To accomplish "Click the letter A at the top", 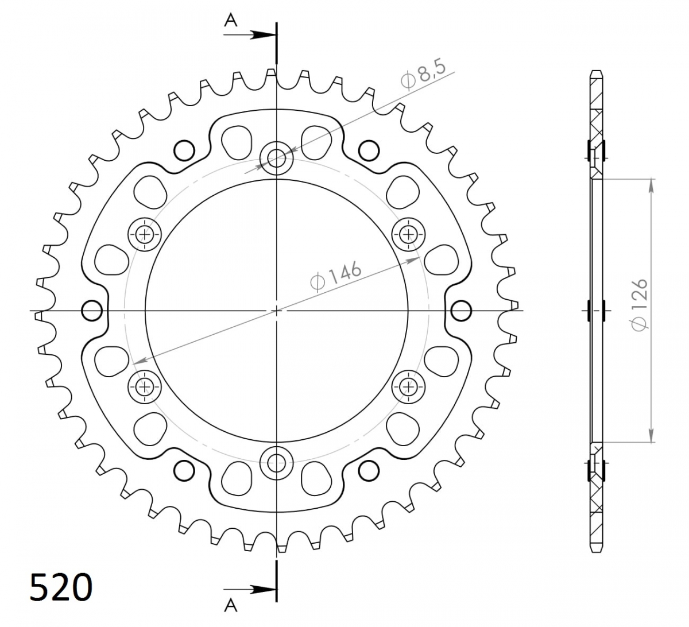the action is [230, 21].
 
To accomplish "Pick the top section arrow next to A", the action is [250, 35].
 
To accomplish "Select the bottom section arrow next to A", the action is [250, 590].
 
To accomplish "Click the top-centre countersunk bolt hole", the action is [277, 158].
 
